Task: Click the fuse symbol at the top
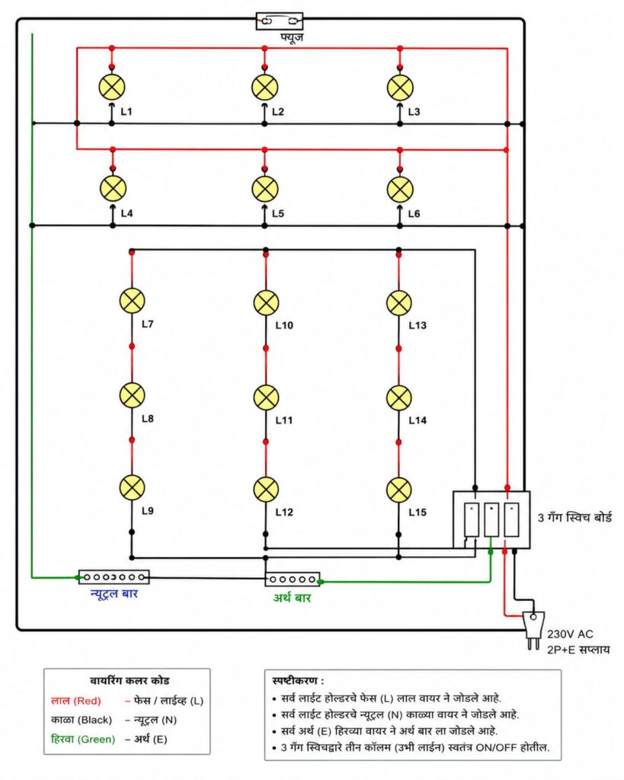tap(279, 21)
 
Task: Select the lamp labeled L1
tap(111, 87)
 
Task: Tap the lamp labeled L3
tap(400, 88)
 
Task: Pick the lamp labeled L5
tap(264, 189)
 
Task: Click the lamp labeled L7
tap(133, 301)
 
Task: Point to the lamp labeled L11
tap(266, 398)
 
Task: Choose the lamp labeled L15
tap(399, 490)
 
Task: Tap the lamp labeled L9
tap(133, 487)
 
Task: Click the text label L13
tap(418, 325)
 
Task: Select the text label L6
tap(414, 213)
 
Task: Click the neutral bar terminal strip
tap(114, 577)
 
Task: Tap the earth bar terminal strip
tap(292, 579)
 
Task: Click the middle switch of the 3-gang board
tap(491, 519)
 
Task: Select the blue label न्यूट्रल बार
tap(114, 593)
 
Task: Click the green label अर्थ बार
tap(292, 597)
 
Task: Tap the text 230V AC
tap(570, 635)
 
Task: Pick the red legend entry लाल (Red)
tap(75, 701)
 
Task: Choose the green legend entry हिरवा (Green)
tap(82, 739)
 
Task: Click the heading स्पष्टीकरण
tap(298, 680)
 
